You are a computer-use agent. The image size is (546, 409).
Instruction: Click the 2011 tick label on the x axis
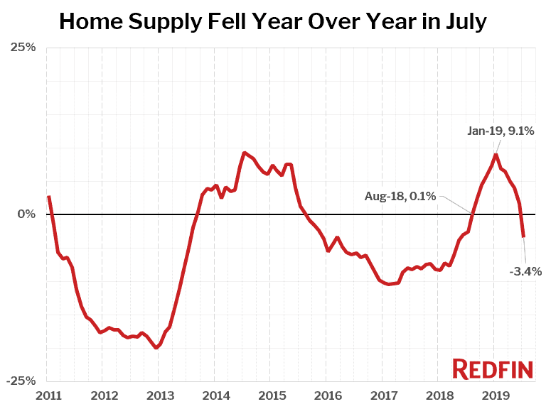click(x=48, y=395)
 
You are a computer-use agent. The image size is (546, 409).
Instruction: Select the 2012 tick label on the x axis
click(x=104, y=395)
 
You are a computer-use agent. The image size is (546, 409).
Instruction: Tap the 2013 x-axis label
click(x=159, y=395)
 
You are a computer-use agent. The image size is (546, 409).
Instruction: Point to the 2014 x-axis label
click(x=215, y=395)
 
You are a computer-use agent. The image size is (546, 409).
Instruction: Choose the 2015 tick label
click(x=271, y=395)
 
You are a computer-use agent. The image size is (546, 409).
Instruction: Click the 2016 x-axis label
click(x=327, y=395)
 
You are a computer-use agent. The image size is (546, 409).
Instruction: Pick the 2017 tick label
click(x=382, y=395)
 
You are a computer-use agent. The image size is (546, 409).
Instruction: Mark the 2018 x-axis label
click(x=439, y=395)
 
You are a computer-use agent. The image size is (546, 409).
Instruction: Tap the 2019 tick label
click(x=494, y=395)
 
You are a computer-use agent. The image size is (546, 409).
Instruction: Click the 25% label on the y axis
click(x=23, y=48)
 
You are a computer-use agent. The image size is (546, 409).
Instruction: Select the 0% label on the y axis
click(x=26, y=214)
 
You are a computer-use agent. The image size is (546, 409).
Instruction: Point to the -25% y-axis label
click(x=21, y=381)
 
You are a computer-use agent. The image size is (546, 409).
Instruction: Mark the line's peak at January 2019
click(x=496, y=155)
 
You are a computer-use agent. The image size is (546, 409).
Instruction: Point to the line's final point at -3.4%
click(x=523, y=236)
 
